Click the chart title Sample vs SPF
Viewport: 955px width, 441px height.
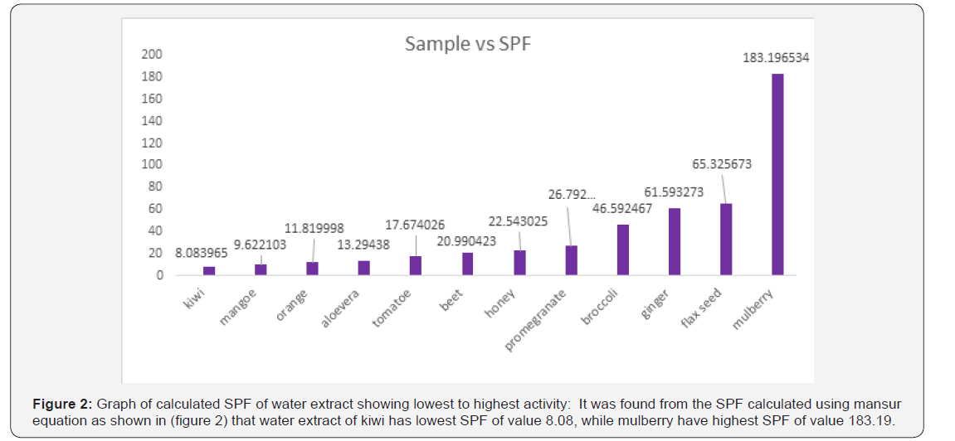tap(467, 44)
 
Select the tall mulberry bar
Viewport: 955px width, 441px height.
tap(777, 174)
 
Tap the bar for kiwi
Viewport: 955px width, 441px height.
tap(209, 270)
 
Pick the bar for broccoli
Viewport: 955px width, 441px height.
tap(622, 250)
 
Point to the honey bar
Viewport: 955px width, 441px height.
tap(519, 262)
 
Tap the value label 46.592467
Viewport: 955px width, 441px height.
tap(622, 210)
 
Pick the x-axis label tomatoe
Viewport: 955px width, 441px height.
tap(393, 308)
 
